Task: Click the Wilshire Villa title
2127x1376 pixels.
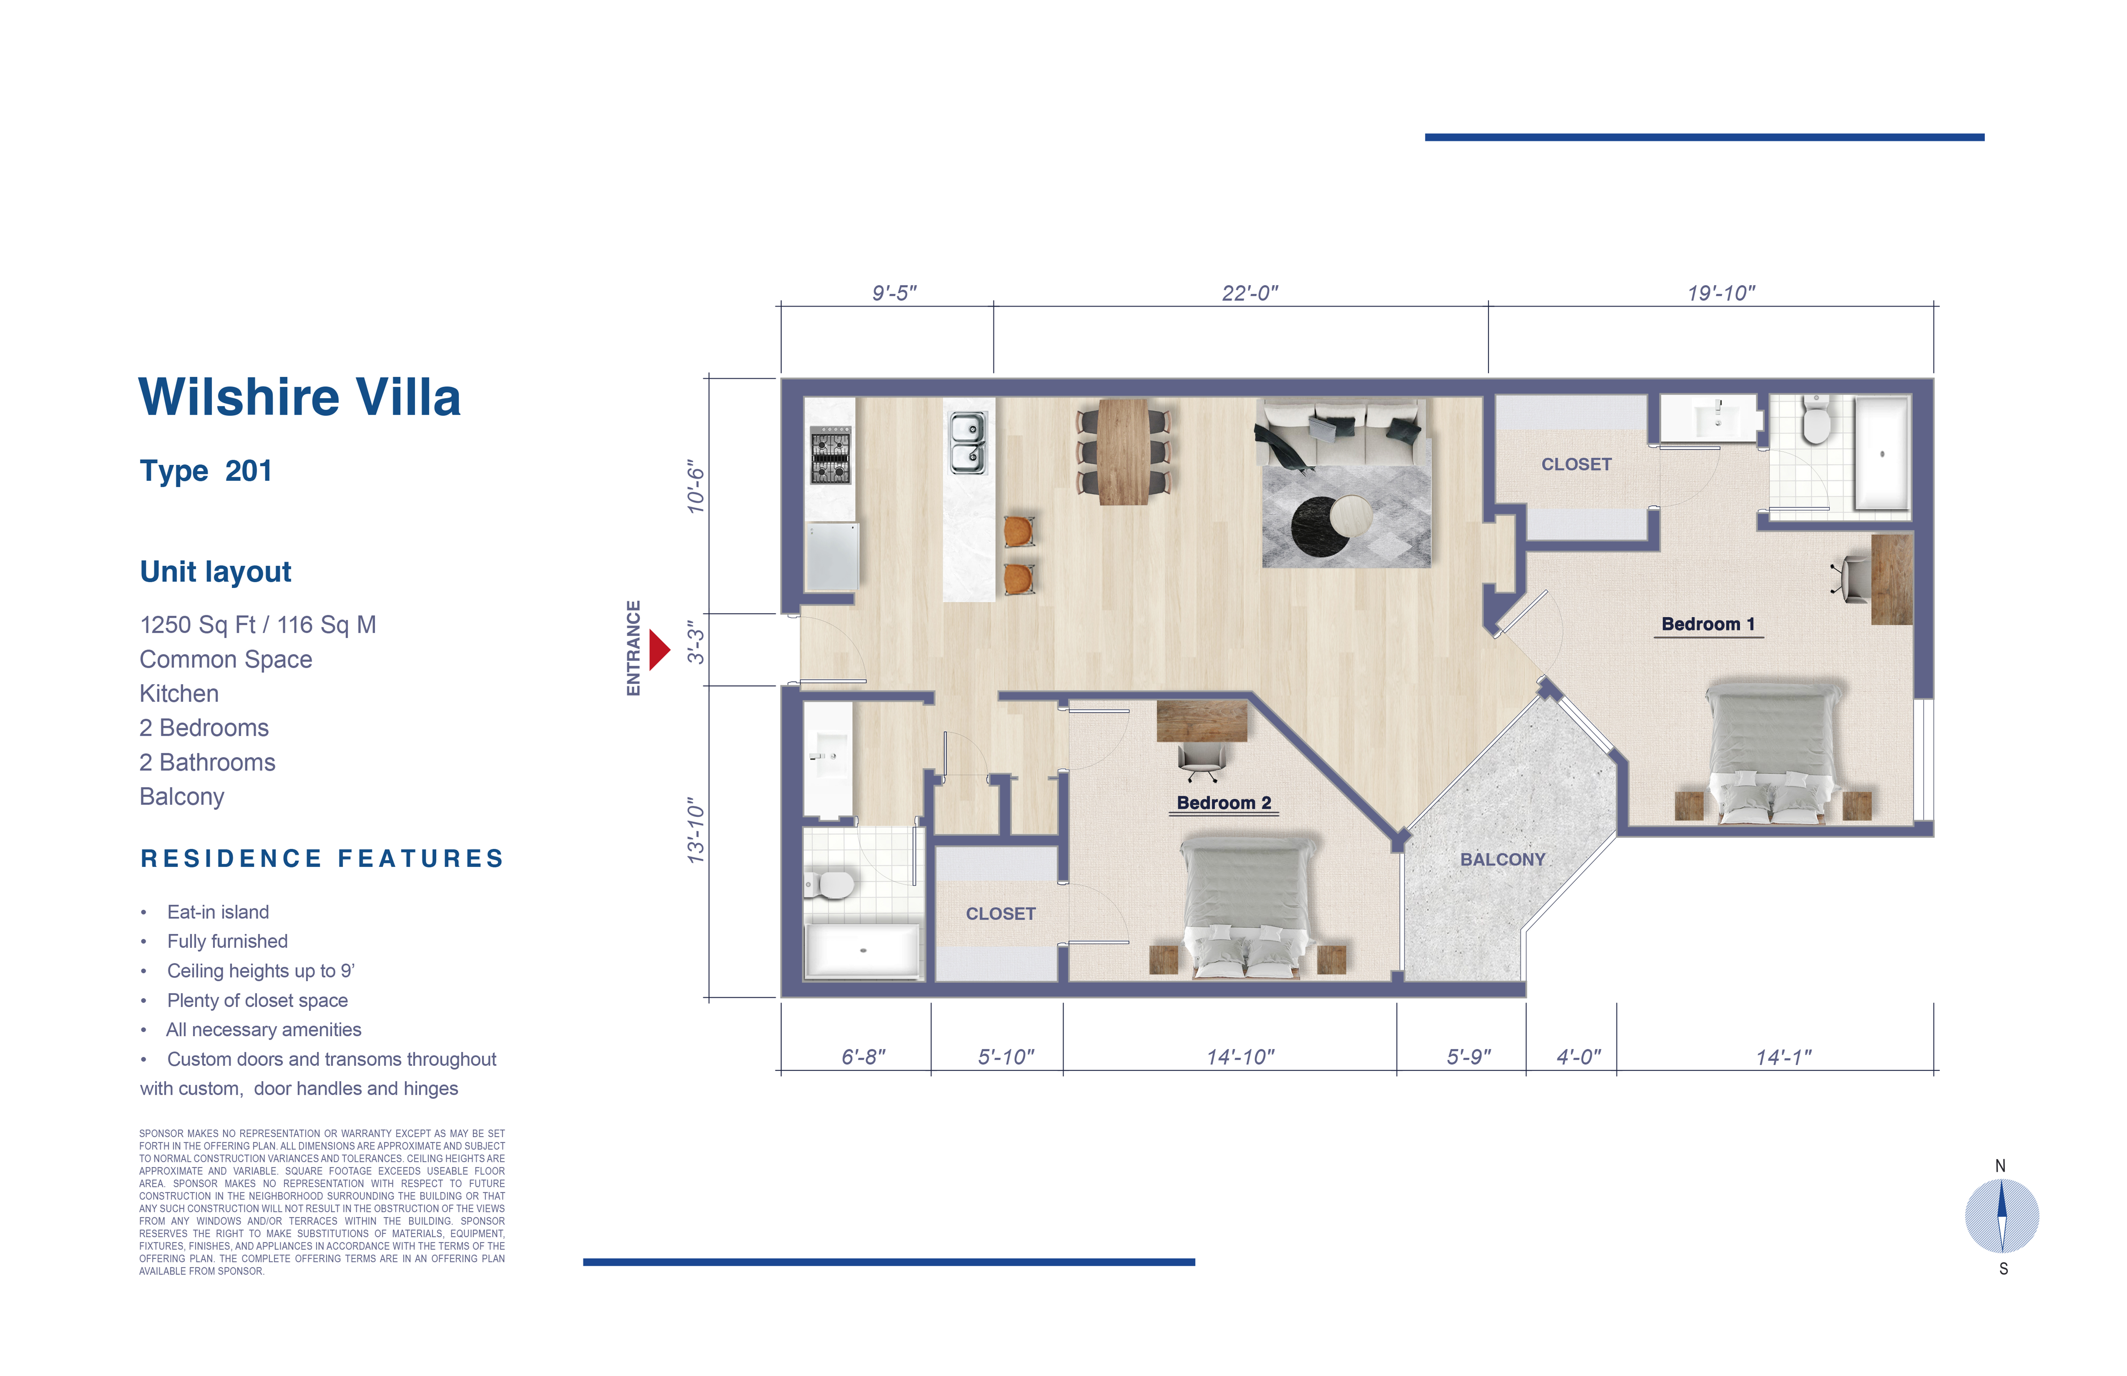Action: coord(299,398)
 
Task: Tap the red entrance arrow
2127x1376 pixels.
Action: coord(659,649)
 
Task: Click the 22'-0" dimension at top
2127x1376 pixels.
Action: coord(1250,293)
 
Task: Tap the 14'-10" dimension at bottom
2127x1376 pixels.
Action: coord(1240,1057)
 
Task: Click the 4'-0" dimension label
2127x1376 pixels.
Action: coord(1578,1057)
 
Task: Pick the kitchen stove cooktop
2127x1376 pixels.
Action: coord(830,455)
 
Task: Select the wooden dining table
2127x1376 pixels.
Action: coord(1123,451)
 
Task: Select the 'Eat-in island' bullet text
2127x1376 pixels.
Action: coord(218,912)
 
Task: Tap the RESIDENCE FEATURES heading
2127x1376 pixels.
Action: coord(322,859)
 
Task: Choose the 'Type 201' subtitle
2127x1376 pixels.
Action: coord(206,471)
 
